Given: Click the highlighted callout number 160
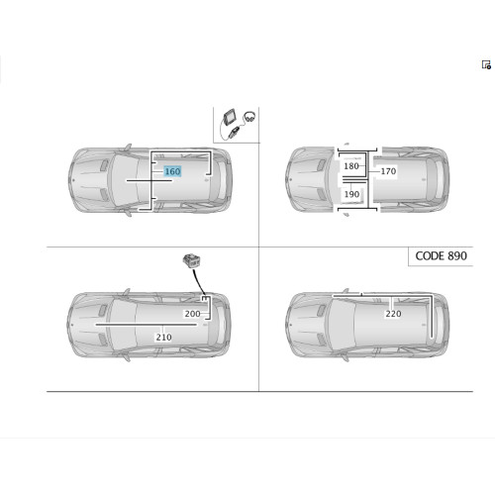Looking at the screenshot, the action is point(172,171).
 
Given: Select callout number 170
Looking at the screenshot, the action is point(388,171).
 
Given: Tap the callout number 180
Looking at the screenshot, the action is point(351,166).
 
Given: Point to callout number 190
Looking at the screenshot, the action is point(351,194).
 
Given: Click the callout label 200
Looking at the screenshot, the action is point(192,314).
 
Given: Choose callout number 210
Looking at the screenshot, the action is point(163,338).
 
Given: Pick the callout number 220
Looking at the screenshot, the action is point(393,314).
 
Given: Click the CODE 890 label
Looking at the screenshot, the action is point(441,256).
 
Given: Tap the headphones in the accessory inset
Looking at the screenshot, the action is point(249,117).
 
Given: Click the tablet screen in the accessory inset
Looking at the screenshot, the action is point(230,117).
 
